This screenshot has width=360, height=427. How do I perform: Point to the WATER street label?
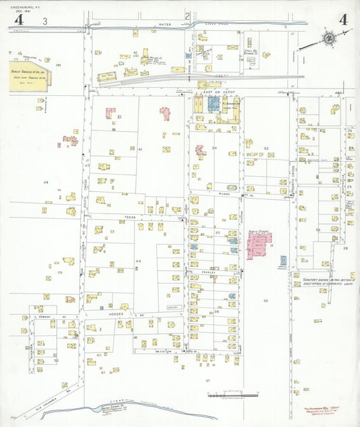click(x=165, y=24)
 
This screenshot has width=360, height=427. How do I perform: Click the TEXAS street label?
click(x=130, y=217)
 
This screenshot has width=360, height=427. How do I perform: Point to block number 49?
click(x=46, y=182)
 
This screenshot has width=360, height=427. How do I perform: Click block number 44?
click(x=138, y=261)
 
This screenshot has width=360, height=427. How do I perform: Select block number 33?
click(x=265, y=300)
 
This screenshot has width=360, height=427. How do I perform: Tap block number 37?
click(x=208, y=381)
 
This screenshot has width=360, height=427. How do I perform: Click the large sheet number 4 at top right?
click(x=344, y=19)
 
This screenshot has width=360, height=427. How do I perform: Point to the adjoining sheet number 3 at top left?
click(x=45, y=22)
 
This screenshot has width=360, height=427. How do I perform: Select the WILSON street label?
click(x=224, y=193)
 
